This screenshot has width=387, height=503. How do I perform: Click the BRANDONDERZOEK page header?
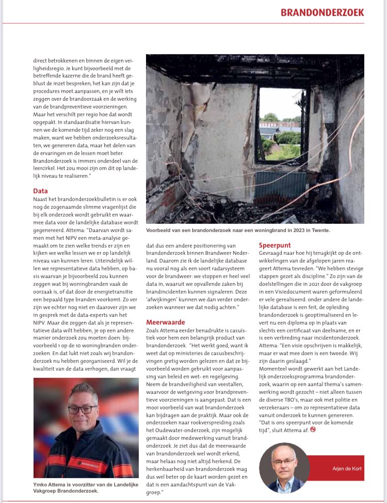coord(322,12)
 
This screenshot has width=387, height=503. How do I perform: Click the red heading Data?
coord(41,190)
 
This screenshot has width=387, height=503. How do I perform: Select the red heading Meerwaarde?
coord(165,322)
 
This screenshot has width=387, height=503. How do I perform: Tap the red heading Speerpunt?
coord(275,245)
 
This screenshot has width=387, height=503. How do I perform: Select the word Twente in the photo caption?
coord(319,230)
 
